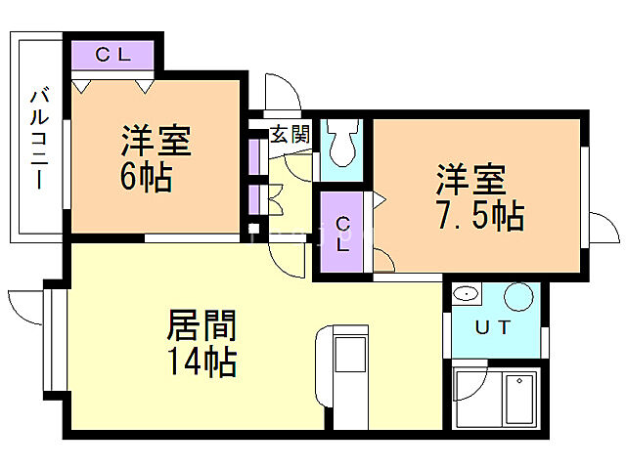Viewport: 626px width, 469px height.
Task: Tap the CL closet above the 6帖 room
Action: tap(113, 56)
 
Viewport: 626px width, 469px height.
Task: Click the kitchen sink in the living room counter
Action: tap(349, 356)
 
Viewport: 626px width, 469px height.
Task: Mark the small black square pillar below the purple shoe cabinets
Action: tap(252, 230)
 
